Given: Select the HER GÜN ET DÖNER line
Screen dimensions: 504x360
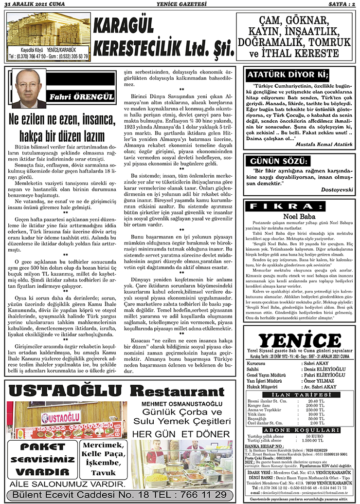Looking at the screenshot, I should click(180, 434).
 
